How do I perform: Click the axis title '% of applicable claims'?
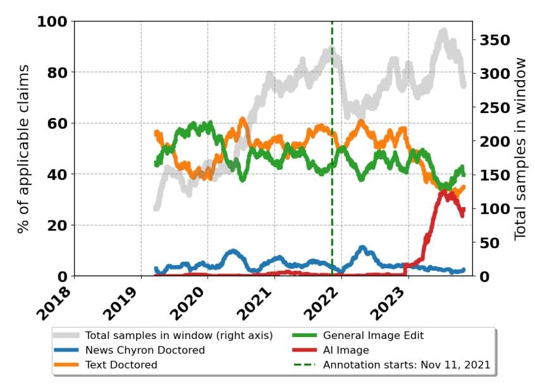23,148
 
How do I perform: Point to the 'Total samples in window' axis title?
520,148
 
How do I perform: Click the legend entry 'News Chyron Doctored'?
145,350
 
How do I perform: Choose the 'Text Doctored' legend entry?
121,364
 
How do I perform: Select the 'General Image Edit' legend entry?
373,335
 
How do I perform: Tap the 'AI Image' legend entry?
346,350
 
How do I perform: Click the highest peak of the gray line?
443,30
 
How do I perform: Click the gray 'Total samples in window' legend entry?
178,335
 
